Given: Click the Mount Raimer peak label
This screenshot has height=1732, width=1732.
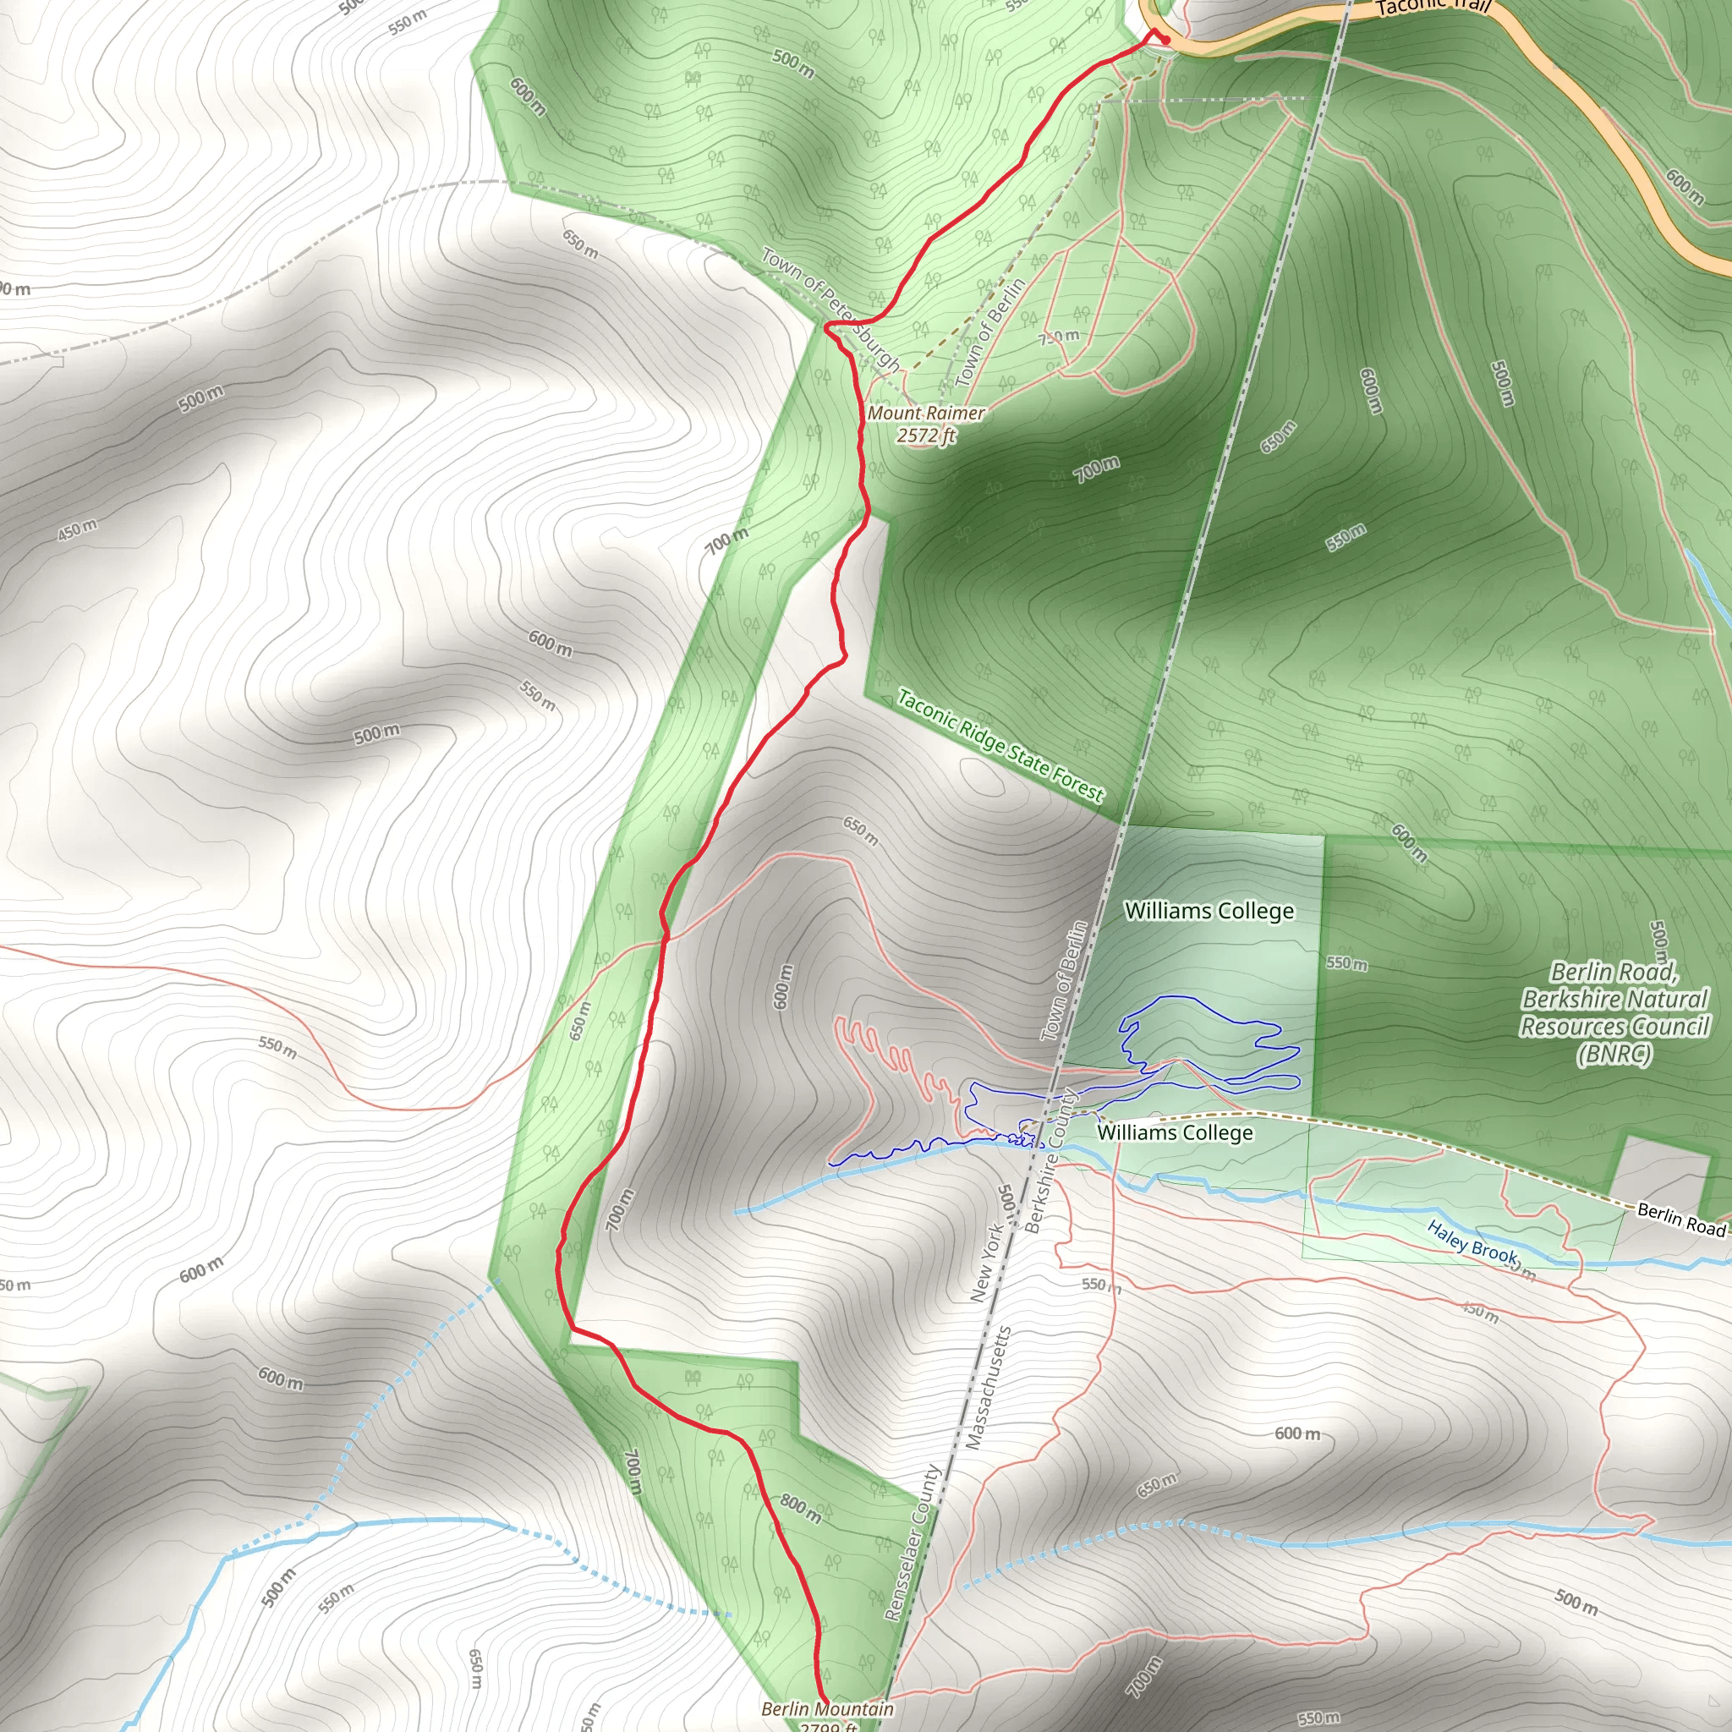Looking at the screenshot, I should (x=925, y=414).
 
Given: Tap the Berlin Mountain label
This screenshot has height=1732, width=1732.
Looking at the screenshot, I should (x=826, y=1708).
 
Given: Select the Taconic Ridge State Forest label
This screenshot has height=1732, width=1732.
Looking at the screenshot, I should (x=1000, y=745).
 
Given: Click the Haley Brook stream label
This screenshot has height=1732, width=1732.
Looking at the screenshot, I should (x=1472, y=1242).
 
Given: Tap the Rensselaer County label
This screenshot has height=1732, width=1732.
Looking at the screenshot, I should (x=910, y=1543).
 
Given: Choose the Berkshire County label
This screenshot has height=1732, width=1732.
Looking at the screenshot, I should (x=1050, y=1162).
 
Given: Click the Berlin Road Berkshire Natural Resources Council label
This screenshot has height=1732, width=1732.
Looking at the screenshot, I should (x=1614, y=1013).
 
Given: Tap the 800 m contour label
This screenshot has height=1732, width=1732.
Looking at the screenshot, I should (x=800, y=1508).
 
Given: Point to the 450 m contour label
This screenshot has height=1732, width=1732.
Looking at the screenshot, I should (x=77, y=529).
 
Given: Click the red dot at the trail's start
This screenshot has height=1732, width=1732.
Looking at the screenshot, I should (x=1165, y=40).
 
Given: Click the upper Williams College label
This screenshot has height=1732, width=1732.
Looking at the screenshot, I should (x=1209, y=911).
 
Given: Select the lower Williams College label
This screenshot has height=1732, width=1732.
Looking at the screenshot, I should (x=1175, y=1132).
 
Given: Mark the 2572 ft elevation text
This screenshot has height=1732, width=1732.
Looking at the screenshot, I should (x=925, y=436).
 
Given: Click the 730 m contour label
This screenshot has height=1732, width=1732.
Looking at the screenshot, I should (x=1060, y=337).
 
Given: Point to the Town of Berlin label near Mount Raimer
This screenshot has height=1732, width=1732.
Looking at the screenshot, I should (x=989, y=332).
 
